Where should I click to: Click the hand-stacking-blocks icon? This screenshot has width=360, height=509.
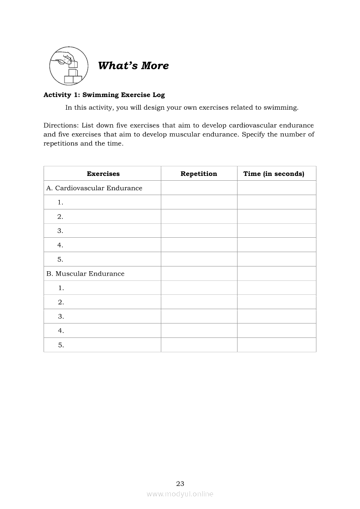(x=69, y=66)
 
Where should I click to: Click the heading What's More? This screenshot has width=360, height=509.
(x=133, y=66)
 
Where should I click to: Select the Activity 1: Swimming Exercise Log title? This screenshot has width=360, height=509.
(x=104, y=95)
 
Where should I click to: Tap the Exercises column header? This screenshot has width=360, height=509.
(x=103, y=174)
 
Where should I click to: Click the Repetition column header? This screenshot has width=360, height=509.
(x=199, y=174)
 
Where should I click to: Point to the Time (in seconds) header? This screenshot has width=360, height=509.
(x=274, y=174)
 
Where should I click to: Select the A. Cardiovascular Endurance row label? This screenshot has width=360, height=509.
(x=94, y=188)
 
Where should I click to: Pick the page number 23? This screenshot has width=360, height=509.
(x=180, y=483)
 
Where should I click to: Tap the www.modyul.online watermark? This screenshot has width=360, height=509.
(x=180, y=494)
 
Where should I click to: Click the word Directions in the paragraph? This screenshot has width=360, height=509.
(x=61, y=125)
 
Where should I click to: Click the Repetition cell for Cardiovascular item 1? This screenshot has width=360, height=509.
(x=199, y=202)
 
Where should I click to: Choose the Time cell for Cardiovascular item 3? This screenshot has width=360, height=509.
(x=276, y=231)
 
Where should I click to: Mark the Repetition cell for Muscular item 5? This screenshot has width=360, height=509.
(x=199, y=345)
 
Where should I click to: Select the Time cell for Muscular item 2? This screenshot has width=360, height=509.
(x=276, y=302)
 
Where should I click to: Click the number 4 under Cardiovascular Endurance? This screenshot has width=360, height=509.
(x=60, y=245)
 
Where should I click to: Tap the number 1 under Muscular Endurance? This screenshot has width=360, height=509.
(x=60, y=288)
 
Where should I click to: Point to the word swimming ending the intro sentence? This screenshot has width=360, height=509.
(x=281, y=108)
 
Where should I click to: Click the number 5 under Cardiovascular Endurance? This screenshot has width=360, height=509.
(x=60, y=260)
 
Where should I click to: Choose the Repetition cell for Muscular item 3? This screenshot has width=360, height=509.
(x=199, y=317)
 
